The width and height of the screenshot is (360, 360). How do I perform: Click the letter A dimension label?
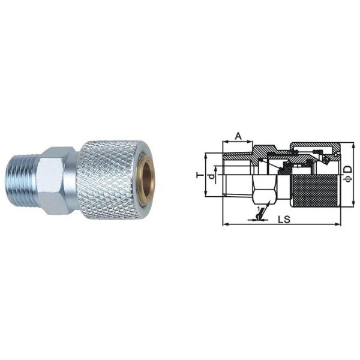point(238,136)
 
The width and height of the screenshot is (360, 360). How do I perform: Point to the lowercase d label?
point(211,177)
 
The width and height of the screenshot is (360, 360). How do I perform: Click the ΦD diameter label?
point(348,173)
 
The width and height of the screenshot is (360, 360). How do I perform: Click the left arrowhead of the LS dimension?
point(224,225)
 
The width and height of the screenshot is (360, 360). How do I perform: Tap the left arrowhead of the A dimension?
point(224,143)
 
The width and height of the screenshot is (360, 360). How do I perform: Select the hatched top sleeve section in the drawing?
point(312,146)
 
